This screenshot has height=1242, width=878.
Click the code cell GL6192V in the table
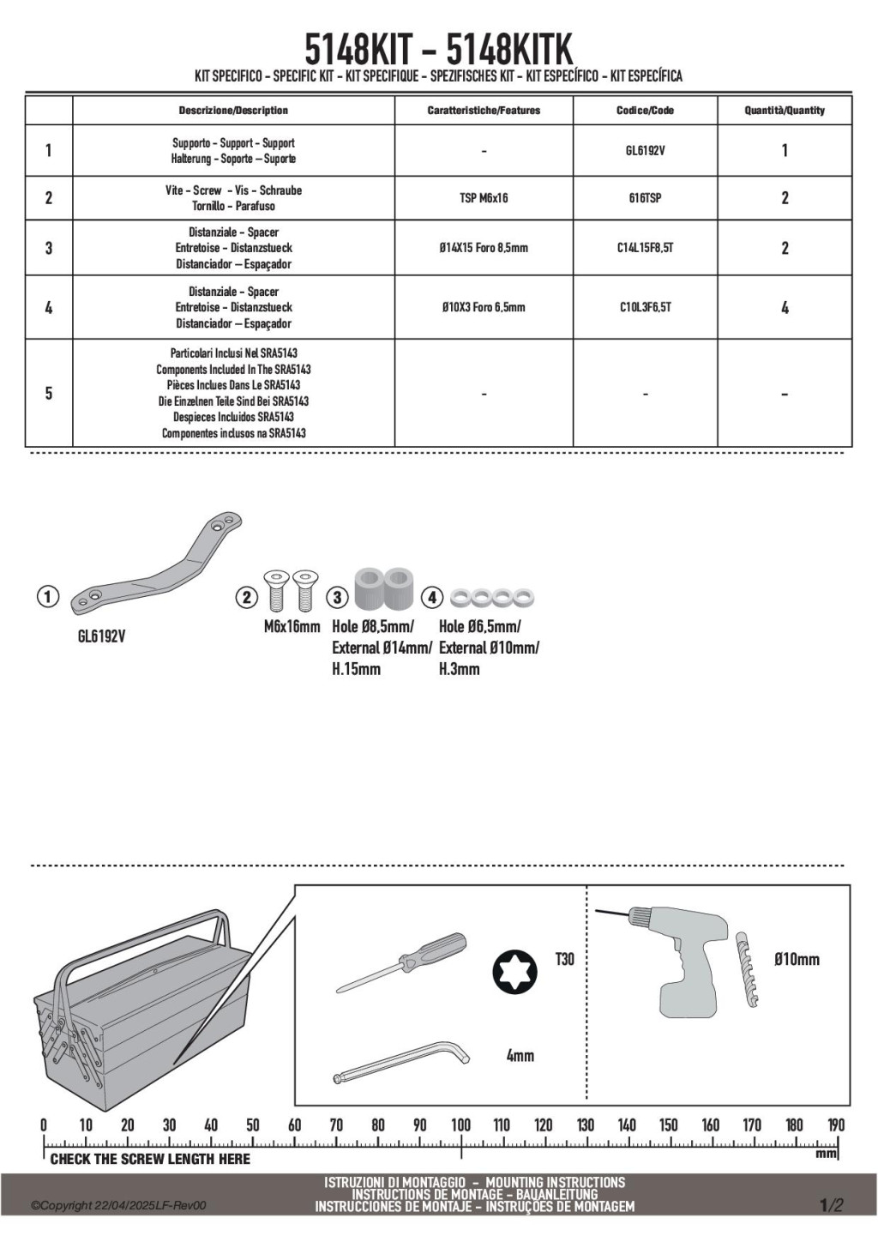(645, 151)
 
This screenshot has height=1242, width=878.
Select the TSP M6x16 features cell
(484, 198)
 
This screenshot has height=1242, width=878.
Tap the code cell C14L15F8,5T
(645, 248)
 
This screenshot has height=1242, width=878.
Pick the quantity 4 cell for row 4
(785, 307)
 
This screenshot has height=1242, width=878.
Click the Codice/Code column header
(645, 110)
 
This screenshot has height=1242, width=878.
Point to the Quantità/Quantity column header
(785, 110)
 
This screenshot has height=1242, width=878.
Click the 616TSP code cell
(645, 198)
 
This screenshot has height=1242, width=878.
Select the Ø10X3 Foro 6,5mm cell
(484, 307)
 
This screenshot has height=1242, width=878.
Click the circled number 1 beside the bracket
(48, 597)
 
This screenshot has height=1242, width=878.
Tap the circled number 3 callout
(338, 597)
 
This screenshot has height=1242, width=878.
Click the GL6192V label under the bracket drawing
(101, 637)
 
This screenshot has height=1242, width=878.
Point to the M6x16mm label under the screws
(292, 627)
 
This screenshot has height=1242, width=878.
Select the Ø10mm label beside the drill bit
(797, 959)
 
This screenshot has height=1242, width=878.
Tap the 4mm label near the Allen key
(520, 1056)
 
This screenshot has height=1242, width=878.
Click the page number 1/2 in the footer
(831, 1205)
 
